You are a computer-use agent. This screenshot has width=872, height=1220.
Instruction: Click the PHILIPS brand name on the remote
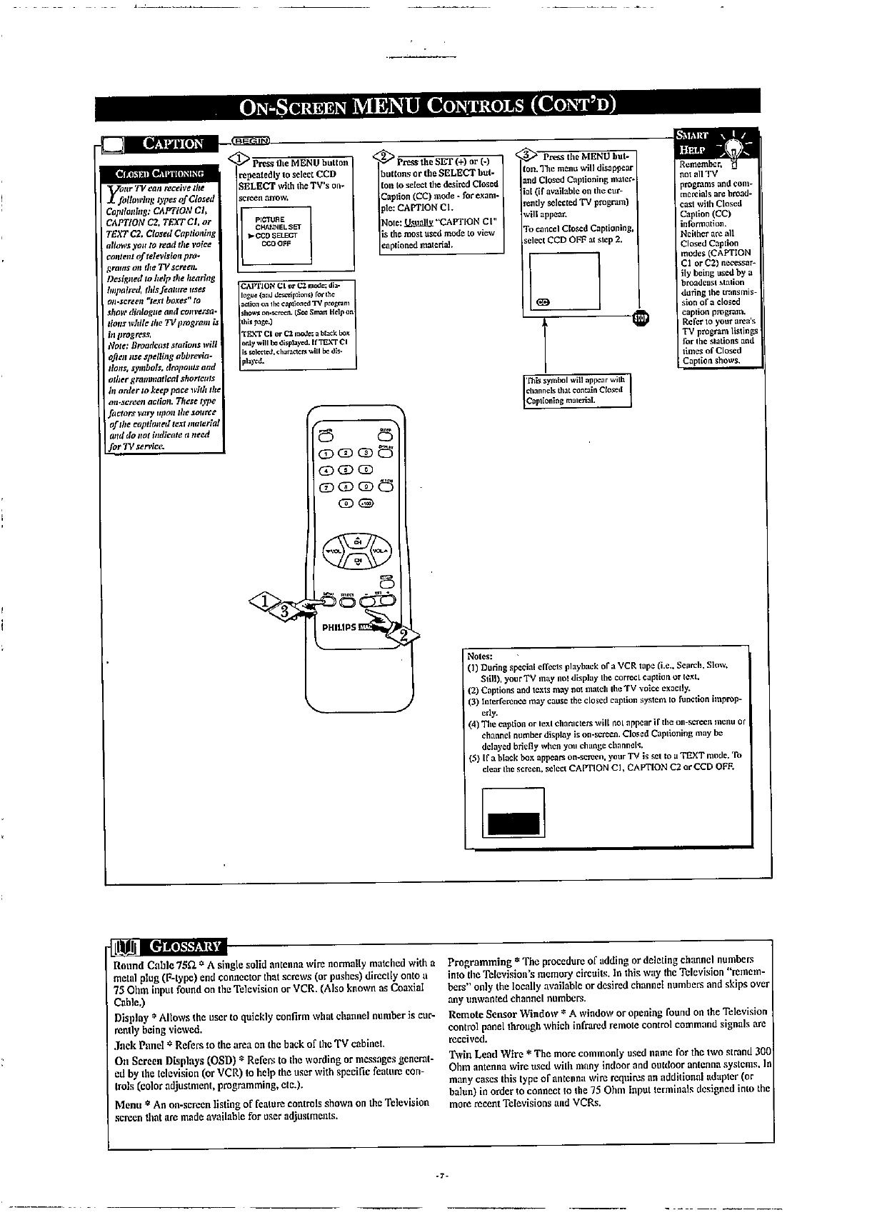[x=339, y=628]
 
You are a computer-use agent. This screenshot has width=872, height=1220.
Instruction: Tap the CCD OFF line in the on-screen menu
[x=274, y=242]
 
